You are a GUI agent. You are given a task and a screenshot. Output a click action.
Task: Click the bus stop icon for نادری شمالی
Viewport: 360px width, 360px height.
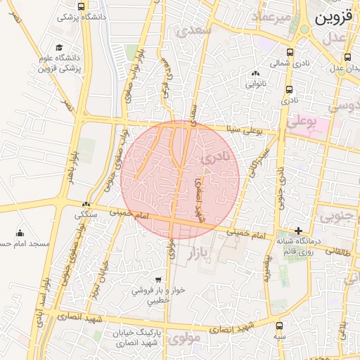pos(290,52)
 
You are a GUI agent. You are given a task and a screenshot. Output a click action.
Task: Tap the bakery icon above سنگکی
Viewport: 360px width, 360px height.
pos(86,205)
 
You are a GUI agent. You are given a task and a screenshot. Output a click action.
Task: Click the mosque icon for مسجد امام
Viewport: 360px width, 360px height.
pos(19,233)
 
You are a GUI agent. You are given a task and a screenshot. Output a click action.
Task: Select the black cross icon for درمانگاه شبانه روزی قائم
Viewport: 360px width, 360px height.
pos(299,231)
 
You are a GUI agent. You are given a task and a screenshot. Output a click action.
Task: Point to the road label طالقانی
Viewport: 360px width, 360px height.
pos(337,249)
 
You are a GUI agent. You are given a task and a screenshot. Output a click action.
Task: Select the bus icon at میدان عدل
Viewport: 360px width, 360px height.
pos(347,58)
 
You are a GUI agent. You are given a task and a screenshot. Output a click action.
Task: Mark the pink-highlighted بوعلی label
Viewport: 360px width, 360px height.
pos(302,121)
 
